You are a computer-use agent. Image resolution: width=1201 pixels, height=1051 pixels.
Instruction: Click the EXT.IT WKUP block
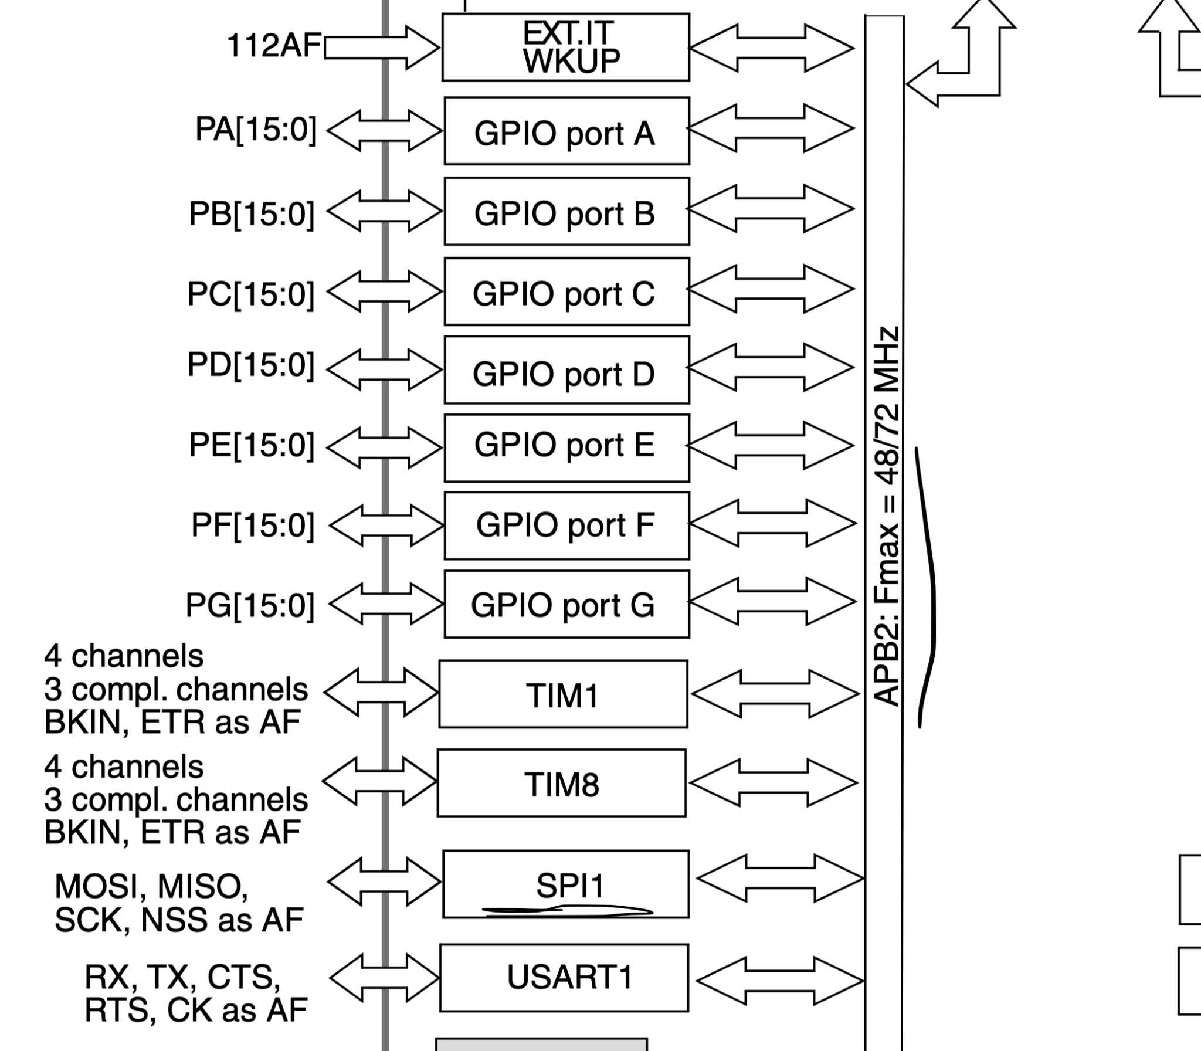tap(565, 47)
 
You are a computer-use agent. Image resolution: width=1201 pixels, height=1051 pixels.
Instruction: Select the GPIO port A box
tap(566, 131)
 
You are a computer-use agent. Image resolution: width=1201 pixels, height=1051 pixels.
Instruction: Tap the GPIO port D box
tap(566, 370)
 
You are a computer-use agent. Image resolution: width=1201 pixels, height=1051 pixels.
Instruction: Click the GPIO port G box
tap(566, 604)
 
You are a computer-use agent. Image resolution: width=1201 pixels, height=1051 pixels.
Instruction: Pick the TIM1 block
tap(563, 694)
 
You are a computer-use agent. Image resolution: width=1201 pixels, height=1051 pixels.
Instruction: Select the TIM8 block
tap(561, 783)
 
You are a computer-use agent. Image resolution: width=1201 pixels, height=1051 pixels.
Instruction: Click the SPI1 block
tap(566, 884)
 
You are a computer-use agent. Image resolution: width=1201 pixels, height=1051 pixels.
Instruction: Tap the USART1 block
tap(564, 978)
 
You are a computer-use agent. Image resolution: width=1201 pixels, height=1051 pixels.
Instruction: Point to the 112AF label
tap(274, 45)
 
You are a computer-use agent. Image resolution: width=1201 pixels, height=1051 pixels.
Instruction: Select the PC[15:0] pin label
tap(250, 293)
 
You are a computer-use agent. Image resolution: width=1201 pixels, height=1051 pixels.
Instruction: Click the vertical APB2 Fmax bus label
tap(885, 516)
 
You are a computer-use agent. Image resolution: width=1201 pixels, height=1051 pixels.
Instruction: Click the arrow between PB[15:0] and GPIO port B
tap(385, 211)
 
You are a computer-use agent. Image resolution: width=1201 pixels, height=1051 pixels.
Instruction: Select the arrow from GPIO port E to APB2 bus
tap(770, 446)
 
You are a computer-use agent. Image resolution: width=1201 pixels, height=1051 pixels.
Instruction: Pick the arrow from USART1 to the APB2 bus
tap(779, 981)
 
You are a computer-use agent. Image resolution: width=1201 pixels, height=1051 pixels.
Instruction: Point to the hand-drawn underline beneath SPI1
tap(566, 911)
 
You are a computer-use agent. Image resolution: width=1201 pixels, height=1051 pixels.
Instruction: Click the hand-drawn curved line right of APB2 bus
tap(928, 586)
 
